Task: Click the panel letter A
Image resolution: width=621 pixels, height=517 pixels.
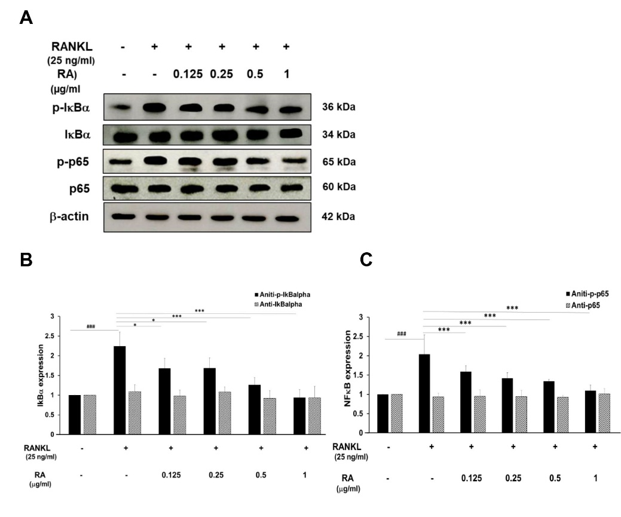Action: (26, 17)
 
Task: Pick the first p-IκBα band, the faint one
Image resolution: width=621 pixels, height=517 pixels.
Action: (123, 108)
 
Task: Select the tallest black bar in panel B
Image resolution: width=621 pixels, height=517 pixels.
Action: (119, 390)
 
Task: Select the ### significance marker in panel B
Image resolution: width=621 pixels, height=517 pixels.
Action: (91, 327)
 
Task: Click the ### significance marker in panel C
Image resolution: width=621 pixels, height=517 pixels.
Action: (401, 334)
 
